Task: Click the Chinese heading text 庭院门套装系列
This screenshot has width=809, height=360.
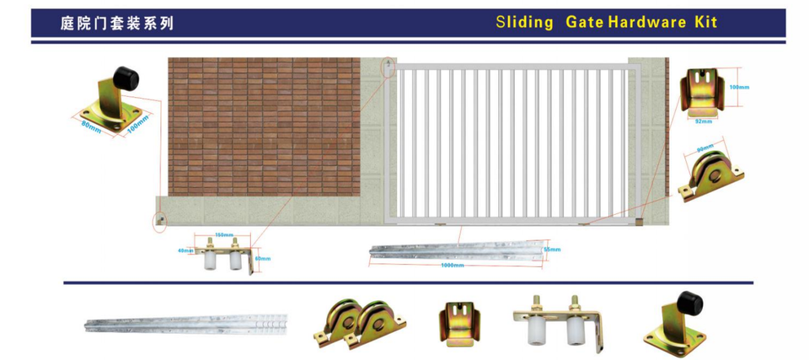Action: [x=117, y=24]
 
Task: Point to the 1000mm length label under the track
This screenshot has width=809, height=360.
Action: [x=453, y=266]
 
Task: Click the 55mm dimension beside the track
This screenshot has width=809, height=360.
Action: [x=552, y=250]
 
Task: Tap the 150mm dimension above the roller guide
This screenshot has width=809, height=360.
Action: [x=223, y=234]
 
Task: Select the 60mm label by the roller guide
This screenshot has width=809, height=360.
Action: [x=262, y=259]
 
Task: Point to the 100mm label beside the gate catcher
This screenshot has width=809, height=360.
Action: [x=739, y=88]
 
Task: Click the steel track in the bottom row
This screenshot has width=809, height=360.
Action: [x=185, y=324]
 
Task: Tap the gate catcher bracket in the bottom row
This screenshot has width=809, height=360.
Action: [x=460, y=324]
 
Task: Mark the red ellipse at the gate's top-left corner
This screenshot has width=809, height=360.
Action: [x=388, y=67]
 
